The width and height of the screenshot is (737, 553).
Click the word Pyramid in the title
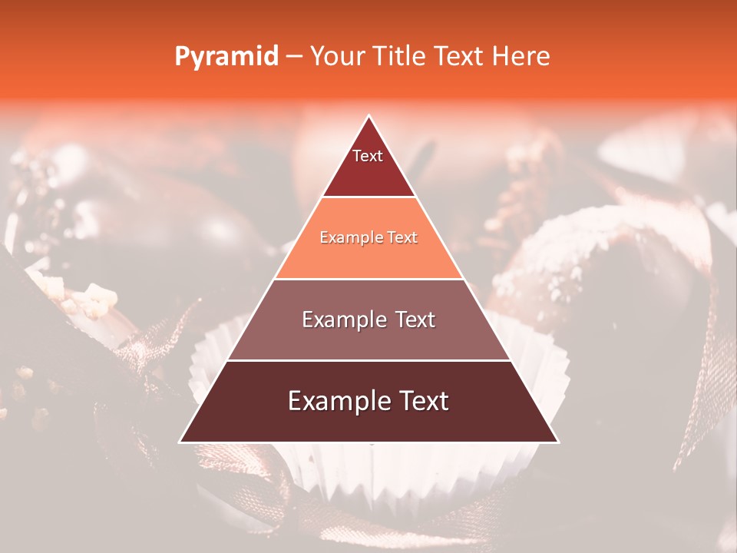click(x=226, y=57)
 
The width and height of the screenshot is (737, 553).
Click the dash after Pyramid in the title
click(x=294, y=57)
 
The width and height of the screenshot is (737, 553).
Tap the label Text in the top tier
click(x=368, y=156)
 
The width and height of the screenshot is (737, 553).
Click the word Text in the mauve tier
click(x=411, y=320)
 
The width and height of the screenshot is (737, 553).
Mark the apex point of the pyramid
click(x=369, y=116)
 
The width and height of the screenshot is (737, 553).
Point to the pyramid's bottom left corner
click(x=180, y=442)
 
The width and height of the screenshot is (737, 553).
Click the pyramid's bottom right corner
click(x=558, y=442)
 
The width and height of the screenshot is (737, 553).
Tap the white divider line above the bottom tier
click(x=368, y=360)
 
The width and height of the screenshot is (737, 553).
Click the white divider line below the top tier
click(x=368, y=197)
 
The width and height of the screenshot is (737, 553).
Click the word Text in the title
click(x=458, y=56)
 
